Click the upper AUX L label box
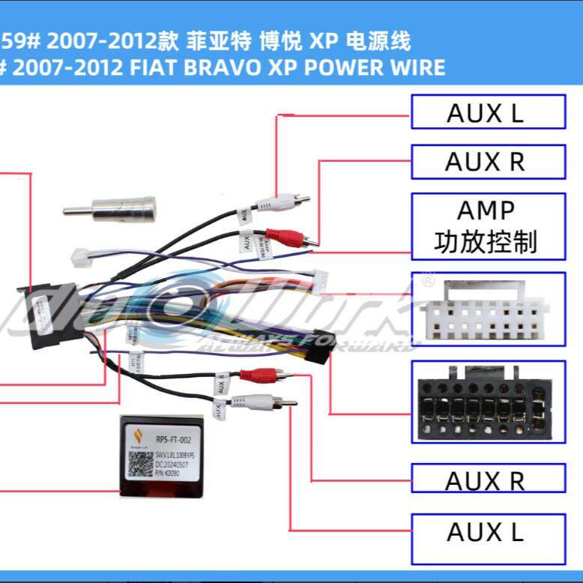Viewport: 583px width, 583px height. (x=487, y=112)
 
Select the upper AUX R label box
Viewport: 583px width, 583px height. (x=487, y=161)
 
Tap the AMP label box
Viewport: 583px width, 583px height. (x=487, y=226)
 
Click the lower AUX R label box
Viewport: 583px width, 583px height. (x=487, y=480)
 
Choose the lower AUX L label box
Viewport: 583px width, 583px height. (x=487, y=532)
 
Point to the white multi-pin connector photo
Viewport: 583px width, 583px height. (x=487, y=309)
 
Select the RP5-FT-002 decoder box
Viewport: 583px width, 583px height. (x=161, y=455)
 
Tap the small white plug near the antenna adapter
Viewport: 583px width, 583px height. (x=80, y=258)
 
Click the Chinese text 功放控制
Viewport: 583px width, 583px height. (x=486, y=242)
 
